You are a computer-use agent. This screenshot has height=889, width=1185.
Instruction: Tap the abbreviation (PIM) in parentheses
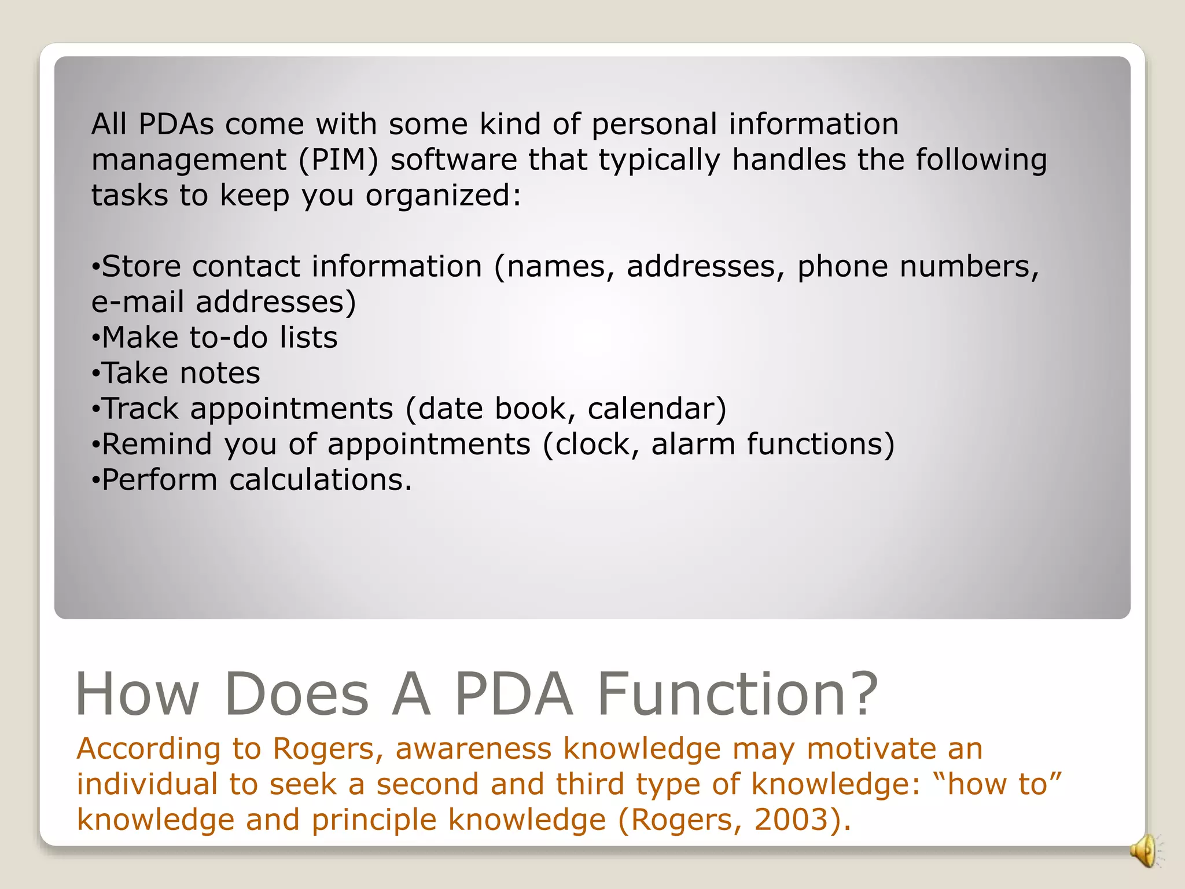[x=338, y=160]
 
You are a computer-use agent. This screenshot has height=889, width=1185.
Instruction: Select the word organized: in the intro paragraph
[x=443, y=196]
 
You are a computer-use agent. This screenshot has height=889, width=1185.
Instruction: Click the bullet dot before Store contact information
[x=96, y=267]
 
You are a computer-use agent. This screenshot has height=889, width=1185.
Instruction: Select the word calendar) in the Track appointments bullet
[x=657, y=409]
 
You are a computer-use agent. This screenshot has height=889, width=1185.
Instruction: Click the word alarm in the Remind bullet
[x=693, y=444]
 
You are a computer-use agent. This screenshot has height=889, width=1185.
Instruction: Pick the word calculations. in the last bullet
[x=321, y=480]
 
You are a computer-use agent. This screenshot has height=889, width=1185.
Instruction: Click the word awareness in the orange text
[x=473, y=748]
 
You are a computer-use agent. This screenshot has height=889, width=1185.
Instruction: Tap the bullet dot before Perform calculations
[x=96, y=480]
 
